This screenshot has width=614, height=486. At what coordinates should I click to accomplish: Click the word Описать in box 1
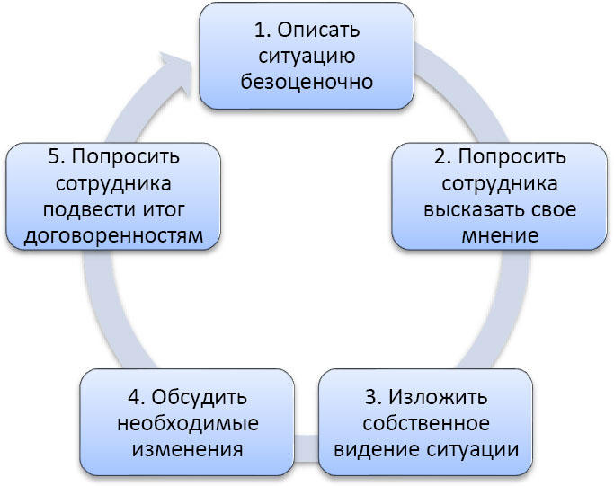pyautogui.click(x=319, y=30)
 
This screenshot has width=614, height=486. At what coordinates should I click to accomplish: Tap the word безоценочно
pyautogui.click(x=307, y=82)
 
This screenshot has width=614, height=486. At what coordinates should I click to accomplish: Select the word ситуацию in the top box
pyautogui.click(x=307, y=57)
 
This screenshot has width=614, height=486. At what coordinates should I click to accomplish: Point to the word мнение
pyautogui.click(x=500, y=235)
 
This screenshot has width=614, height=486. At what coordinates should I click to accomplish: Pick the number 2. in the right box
pyautogui.click(x=442, y=156)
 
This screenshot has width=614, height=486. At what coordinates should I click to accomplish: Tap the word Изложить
pyautogui.click(x=438, y=397)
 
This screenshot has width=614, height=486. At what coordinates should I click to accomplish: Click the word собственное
pyautogui.click(x=426, y=423)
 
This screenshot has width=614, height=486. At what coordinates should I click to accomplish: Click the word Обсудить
pyautogui.click(x=200, y=397)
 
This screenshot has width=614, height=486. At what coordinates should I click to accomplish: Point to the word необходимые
pyautogui.click(x=188, y=423)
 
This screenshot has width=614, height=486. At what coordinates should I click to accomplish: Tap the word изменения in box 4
pyautogui.click(x=188, y=449)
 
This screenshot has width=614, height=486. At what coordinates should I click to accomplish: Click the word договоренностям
pyautogui.click(x=113, y=236)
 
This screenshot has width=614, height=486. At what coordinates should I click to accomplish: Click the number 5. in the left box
pyautogui.click(x=57, y=157)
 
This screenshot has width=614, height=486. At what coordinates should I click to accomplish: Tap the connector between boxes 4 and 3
pyautogui.click(x=307, y=448)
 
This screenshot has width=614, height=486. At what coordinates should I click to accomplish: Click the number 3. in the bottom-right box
pyautogui.click(x=373, y=397)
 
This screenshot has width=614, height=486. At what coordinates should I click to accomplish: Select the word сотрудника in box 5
pyautogui.click(x=113, y=184)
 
